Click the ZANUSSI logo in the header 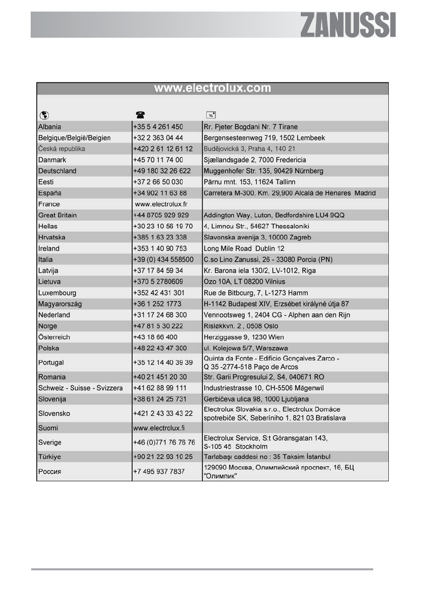[x=348, y=25]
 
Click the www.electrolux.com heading [x=212, y=89]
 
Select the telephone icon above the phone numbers [x=138, y=115]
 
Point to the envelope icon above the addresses [x=208, y=115]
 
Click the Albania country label [x=50, y=127]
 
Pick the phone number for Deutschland [x=161, y=171]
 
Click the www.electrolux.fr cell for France [x=161, y=204]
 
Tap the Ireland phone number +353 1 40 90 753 [x=160, y=248]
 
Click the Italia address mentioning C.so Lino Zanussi [x=268, y=260]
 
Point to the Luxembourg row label [x=57, y=293]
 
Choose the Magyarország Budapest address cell [x=276, y=304]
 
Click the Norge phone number [x=157, y=326]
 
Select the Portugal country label [x=52, y=363]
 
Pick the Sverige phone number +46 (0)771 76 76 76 [x=163, y=443]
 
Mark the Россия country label [x=50, y=472]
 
